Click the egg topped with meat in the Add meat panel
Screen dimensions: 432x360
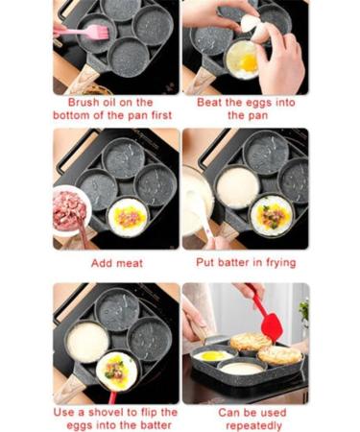point(128,216)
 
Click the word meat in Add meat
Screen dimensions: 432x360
point(131,262)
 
